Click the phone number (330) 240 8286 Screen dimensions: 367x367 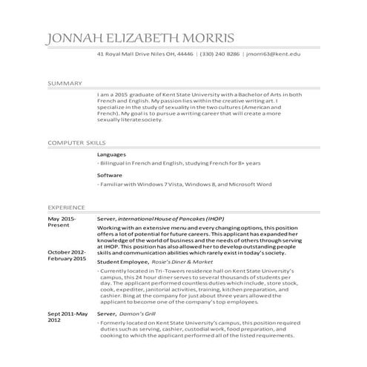[219, 55]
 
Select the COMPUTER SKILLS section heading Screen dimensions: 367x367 [77, 142]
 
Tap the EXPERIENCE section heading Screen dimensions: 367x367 [66, 207]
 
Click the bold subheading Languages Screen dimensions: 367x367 [112, 155]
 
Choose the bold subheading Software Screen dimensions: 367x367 [110, 175]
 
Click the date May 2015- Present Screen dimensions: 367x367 [62, 224]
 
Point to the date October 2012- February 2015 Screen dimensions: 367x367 [67, 256]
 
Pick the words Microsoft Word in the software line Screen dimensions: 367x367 [251, 184]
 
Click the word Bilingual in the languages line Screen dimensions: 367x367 [115, 164]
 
